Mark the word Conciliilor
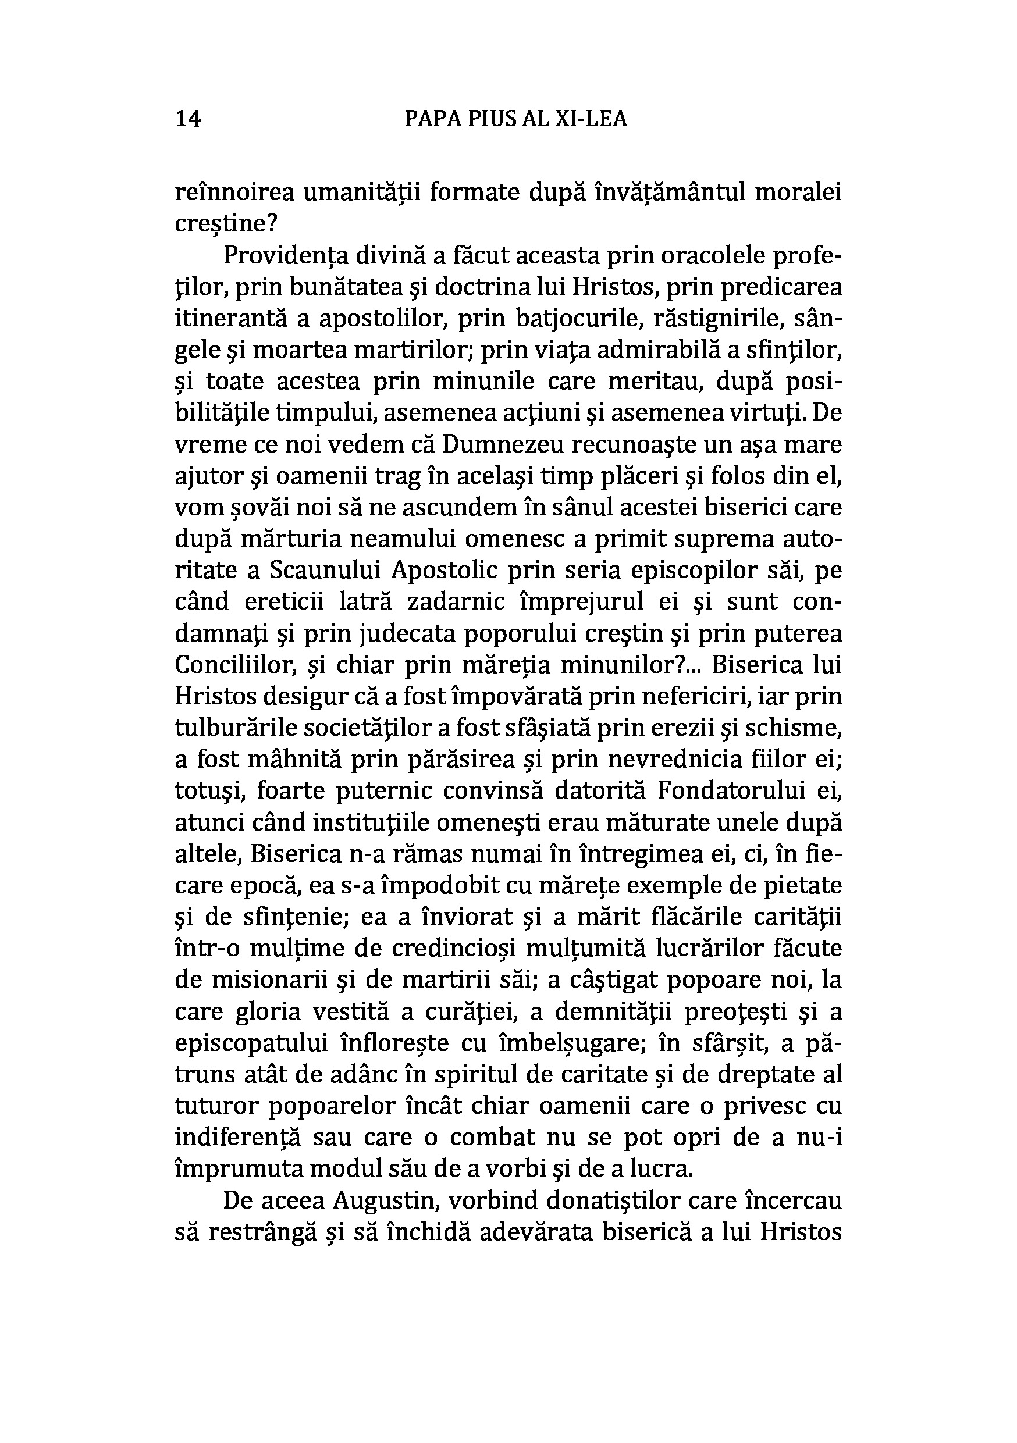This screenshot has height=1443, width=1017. tap(230, 665)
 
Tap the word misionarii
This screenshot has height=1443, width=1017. tap(276, 981)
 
